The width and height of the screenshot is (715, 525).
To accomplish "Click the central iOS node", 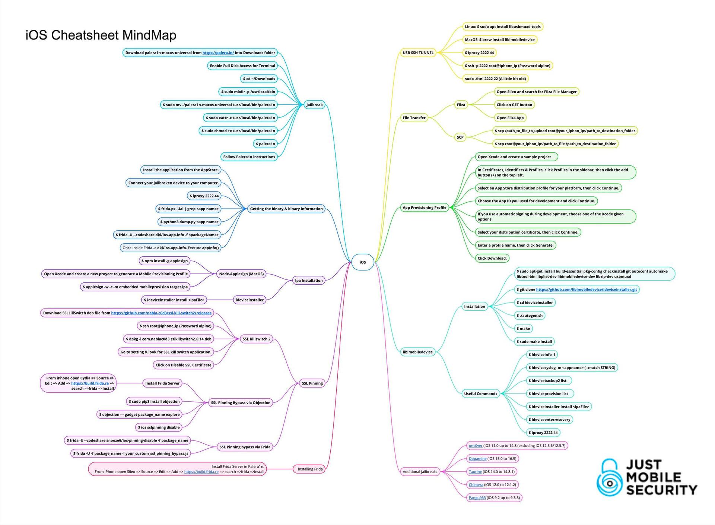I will (362, 262).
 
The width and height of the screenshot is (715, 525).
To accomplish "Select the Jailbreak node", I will (314, 105).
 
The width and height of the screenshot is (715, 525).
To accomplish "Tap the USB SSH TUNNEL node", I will (418, 53).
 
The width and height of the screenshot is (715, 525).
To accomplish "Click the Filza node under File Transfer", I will (461, 105).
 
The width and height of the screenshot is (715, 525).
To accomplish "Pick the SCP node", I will (460, 137).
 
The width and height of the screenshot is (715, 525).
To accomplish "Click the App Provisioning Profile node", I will (424, 208).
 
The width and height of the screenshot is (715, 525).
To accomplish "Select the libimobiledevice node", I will (417, 352).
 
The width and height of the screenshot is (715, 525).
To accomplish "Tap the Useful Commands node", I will (480, 393).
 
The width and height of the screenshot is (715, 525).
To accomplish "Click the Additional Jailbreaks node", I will (420, 472).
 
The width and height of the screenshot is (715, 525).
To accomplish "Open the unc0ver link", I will (475, 446).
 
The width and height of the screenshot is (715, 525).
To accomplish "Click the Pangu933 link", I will (477, 498).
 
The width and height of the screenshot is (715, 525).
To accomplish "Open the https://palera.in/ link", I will (218, 53).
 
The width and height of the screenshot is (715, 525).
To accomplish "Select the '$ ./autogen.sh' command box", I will (530, 316).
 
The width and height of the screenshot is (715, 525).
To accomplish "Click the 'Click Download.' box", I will (492, 258).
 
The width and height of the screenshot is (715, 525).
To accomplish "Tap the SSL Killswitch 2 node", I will (256, 339).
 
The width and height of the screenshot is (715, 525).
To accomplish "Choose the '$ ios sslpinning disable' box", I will (159, 427).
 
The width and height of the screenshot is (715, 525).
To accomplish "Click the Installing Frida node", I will (310, 469).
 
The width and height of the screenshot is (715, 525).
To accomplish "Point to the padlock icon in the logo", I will (610, 478).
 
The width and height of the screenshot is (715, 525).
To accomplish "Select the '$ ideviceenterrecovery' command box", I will (549, 420).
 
